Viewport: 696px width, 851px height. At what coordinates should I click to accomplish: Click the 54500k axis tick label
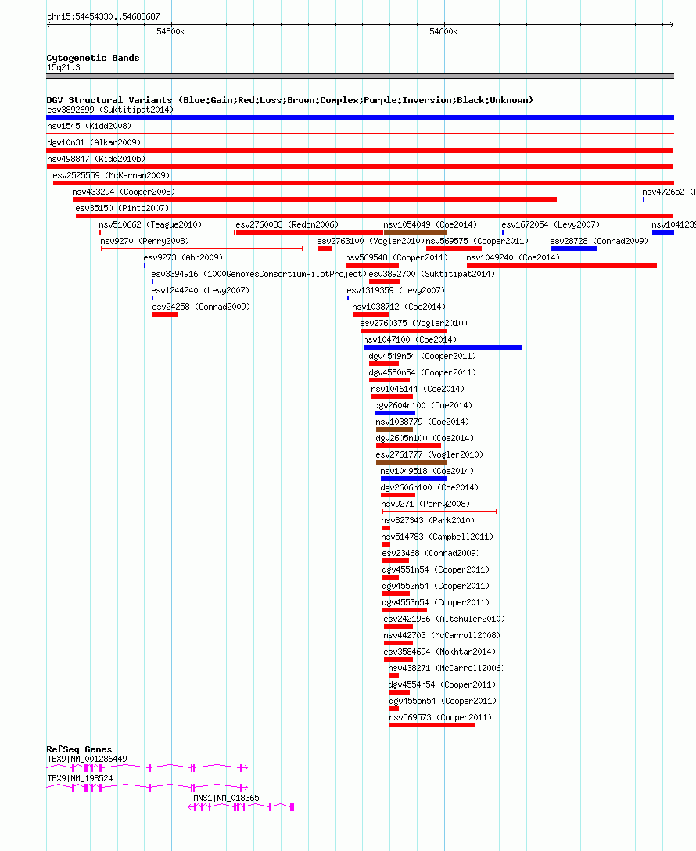(x=170, y=31)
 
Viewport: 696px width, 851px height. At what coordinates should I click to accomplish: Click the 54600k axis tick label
(x=443, y=31)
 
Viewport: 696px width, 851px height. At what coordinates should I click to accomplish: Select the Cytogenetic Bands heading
(x=93, y=58)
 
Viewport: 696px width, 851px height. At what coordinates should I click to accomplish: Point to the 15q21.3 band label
(x=63, y=67)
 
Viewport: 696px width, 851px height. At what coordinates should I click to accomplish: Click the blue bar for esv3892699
(x=361, y=117)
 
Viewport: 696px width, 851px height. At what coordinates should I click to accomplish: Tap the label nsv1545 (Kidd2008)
(x=89, y=126)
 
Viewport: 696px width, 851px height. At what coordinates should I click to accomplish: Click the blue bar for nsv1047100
(x=443, y=347)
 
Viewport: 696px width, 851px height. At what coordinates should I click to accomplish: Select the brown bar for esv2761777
(x=412, y=462)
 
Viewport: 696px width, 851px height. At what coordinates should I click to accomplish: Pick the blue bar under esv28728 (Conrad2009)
(x=574, y=249)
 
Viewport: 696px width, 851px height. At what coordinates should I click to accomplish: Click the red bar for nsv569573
(x=432, y=725)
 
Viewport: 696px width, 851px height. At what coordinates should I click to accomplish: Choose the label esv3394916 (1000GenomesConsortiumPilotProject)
(x=259, y=274)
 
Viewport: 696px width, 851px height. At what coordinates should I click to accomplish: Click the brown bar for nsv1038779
(x=394, y=429)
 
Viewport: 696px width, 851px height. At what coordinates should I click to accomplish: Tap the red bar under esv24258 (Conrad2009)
(x=166, y=314)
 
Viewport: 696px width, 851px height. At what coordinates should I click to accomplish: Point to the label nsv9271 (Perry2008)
(x=425, y=504)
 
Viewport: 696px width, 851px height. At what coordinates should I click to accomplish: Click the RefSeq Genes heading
(x=79, y=749)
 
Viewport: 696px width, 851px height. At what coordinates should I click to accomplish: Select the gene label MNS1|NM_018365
(x=226, y=798)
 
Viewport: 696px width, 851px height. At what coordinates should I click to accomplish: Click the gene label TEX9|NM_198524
(x=80, y=778)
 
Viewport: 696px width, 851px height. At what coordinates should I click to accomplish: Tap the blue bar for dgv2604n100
(x=395, y=413)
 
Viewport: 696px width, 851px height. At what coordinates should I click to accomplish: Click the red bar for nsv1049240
(x=562, y=265)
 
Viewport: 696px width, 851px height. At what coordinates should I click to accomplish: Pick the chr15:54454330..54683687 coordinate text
(x=103, y=16)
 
